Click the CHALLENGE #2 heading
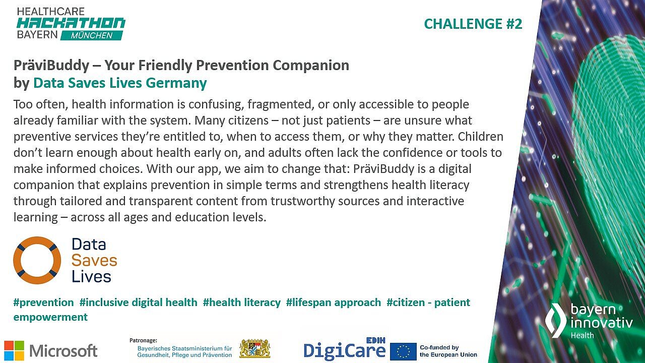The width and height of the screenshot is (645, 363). coord(473,24)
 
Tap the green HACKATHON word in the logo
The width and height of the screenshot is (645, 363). coord(71,23)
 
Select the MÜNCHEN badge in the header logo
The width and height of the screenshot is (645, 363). coord(91,35)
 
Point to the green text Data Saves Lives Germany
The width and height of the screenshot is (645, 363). coord(120,83)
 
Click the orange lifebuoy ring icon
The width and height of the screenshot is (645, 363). coord(37,260)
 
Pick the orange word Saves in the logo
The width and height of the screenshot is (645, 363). coord(94,260)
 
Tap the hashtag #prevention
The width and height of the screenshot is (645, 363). coord(43,302)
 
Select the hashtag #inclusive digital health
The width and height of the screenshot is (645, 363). coord(139,302)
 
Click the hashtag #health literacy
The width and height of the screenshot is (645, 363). coord(242,302)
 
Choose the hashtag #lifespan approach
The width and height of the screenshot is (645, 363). coord(334,302)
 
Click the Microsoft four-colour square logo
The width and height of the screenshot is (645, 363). coord(14,350)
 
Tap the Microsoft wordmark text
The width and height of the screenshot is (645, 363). coord(63,350)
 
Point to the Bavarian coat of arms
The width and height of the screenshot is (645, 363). coord(254,348)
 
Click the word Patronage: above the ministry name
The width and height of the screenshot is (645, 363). coord(143,340)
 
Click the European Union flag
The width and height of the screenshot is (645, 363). coord(403,351)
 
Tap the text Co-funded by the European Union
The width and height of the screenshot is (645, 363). coord(448,351)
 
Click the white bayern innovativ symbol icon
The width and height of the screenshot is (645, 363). coord(556,320)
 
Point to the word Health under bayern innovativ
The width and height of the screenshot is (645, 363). coord(582,335)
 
